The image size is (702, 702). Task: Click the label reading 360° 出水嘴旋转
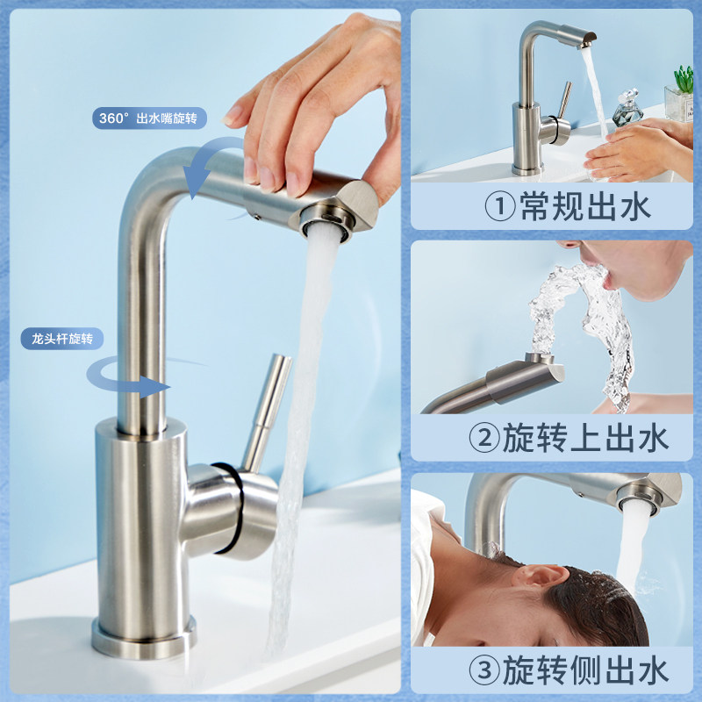click(149, 118)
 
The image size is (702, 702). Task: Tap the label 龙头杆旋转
click(62, 339)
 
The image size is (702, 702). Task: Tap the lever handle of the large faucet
click(267, 412)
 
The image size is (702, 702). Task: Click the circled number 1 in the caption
click(500, 206)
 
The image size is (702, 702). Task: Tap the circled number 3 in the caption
click(484, 670)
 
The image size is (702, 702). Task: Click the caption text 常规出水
click(585, 206)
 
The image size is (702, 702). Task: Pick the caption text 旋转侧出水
click(585, 670)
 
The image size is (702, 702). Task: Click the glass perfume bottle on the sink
click(627, 108)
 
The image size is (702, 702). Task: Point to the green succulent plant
click(684, 79)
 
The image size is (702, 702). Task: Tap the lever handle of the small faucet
click(564, 100)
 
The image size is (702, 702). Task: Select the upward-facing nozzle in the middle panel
click(539, 358)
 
